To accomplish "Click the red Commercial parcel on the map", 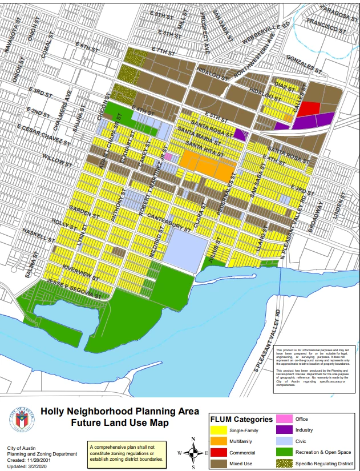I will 308,108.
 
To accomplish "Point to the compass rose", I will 193,453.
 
